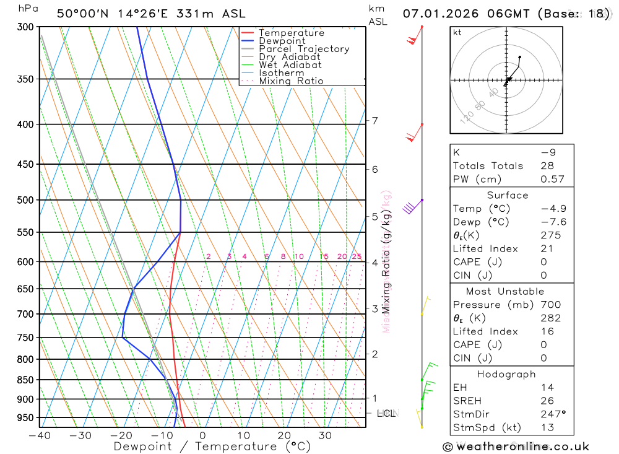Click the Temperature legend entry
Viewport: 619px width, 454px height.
click(x=291, y=33)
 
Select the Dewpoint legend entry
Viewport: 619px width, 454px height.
click(x=282, y=41)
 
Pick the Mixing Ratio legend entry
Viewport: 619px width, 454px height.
click(x=291, y=81)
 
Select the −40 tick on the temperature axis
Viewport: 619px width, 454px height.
click(x=40, y=435)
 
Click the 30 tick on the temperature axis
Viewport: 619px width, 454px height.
click(x=325, y=435)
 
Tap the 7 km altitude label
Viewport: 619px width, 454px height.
click(x=375, y=120)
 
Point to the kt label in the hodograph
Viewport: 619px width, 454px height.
click(x=457, y=32)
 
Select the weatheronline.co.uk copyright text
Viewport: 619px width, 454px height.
click(x=516, y=447)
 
